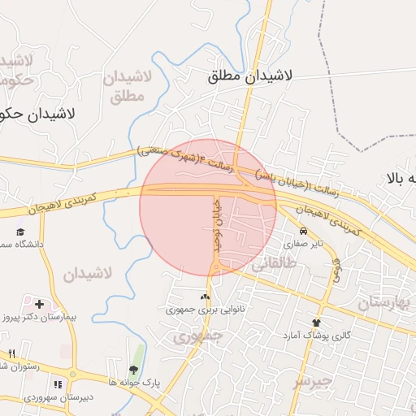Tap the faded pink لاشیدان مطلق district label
[128, 86]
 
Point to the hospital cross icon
[39, 303]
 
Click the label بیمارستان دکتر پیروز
[42, 316]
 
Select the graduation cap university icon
[19, 232]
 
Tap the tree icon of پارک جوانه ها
[133, 370]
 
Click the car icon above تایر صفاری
[303, 231]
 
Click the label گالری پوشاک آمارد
[317, 335]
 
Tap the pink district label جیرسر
[312, 380]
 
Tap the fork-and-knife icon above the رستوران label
[11, 353]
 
